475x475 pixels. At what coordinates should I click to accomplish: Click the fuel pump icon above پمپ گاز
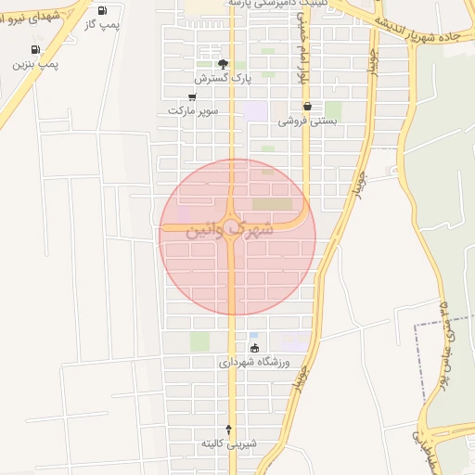(x=101, y=10)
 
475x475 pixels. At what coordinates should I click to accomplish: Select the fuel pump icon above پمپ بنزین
(x=35, y=50)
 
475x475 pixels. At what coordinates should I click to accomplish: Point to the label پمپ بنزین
(x=35, y=64)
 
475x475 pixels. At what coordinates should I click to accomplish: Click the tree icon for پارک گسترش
(x=223, y=64)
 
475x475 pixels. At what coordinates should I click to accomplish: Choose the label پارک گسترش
(x=223, y=78)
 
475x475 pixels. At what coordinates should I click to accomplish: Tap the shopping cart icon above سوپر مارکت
(x=192, y=96)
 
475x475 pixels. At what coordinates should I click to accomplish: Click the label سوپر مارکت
(x=192, y=110)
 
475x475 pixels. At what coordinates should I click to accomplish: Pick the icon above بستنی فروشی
(x=306, y=107)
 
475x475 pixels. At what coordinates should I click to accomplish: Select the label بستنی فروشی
(x=306, y=121)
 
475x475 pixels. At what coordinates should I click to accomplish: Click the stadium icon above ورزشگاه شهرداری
(x=255, y=348)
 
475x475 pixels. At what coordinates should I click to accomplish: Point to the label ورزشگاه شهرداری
(x=255, y=363)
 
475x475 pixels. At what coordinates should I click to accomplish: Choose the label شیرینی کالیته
(x=227, y=445)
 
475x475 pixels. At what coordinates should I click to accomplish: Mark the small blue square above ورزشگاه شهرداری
(x=254, y=335)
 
